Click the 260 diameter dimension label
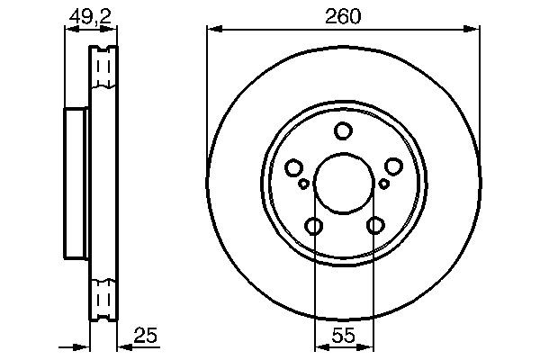[342, 15]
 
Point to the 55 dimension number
[343, 338]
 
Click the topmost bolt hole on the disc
[343, 131]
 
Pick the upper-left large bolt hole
[292, 167]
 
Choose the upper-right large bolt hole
[393, 167]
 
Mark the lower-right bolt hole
[373, 226]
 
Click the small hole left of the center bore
[303, 184]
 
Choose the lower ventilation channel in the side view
[104, 297]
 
